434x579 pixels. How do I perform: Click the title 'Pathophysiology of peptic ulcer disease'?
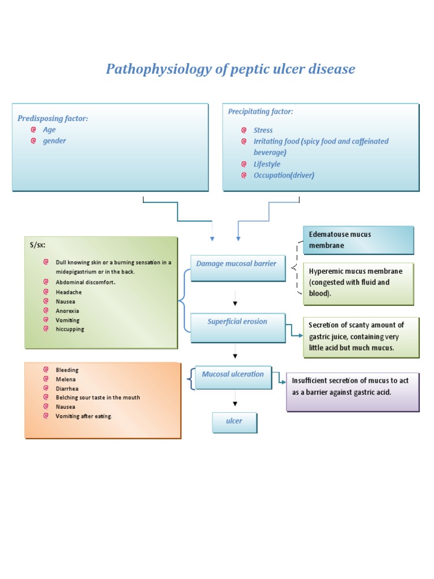click(231, 69)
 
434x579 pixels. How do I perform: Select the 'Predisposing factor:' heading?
click(53, 118)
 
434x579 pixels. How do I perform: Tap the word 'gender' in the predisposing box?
click(54, 141)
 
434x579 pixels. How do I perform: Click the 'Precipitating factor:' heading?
click(261, 111)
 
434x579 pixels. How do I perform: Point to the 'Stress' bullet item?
click(263, 130)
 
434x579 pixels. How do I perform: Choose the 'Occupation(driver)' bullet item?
click(284, 175)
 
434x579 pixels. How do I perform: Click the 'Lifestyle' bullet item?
click(267, 164)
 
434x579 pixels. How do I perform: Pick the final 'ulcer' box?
click(234, 422)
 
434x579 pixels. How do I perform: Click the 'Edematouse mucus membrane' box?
click(358, 240)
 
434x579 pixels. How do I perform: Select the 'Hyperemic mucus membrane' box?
click(358, 283)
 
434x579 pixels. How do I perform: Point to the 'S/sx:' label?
click(38, 245)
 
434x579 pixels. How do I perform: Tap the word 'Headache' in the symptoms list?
click(68, 292)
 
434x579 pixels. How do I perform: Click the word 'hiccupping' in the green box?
click(70, 329)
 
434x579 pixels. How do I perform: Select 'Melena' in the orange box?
click(66, 379)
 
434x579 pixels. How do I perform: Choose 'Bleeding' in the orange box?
click(67, 370)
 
